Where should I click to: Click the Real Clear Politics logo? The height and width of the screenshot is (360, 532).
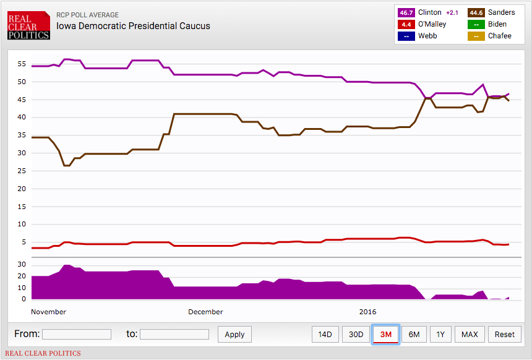click(28, 25)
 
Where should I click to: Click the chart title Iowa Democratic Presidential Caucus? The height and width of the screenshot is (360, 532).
click(133, 26)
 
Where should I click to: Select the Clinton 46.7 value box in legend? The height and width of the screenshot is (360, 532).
click(406, 12)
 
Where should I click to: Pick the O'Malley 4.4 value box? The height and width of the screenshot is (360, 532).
click(406, 24)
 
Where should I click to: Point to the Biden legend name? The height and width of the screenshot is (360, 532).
click(497, 24)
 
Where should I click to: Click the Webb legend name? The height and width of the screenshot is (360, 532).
click(428, 36)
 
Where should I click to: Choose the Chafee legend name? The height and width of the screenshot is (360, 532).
click(499, 36)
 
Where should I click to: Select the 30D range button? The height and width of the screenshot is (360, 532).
click(356, 335)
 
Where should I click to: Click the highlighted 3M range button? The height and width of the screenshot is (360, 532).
click(386, 335)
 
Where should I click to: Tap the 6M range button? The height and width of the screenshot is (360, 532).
click(414, 335)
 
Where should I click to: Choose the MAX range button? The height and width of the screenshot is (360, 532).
click(470, 335)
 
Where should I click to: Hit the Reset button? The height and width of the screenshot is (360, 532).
click(504, 335)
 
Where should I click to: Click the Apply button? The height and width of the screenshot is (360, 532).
click(234, 335)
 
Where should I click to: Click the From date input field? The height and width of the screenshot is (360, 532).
click(77, 335)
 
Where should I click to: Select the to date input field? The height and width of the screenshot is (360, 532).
click(174, 335)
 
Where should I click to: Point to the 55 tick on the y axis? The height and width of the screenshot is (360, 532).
click(22, 64)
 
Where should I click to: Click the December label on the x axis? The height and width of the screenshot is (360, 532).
click(206, 312)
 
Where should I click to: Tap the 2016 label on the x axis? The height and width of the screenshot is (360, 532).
click(369, 312)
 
